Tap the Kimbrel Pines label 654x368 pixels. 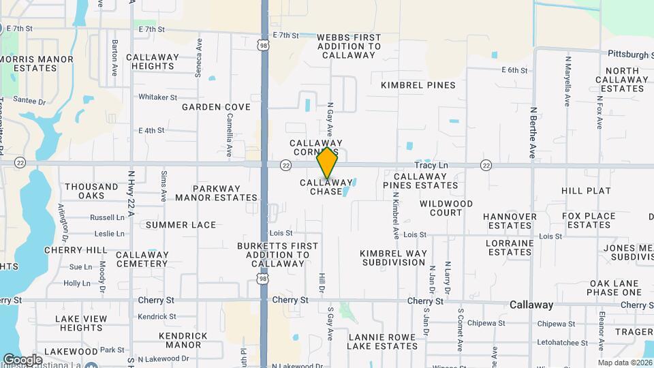(418, 85)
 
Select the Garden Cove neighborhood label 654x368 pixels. (216, 107)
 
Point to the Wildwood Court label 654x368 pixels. (446, 208)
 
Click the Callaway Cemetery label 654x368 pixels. (142, 259)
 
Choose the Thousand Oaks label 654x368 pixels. (92, 191)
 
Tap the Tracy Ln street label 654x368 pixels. (432, 166)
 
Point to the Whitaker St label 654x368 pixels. (157, 97)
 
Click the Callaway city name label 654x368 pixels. (531, 305)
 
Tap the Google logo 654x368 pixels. (23, 359)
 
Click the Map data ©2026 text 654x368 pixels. (625, 363)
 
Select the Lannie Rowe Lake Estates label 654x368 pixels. (382, 341)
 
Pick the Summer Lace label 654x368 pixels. (181, 225)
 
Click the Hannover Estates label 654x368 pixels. (510, 221)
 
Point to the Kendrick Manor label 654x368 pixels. (183, 340)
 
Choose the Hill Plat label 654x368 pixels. (587, 191)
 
